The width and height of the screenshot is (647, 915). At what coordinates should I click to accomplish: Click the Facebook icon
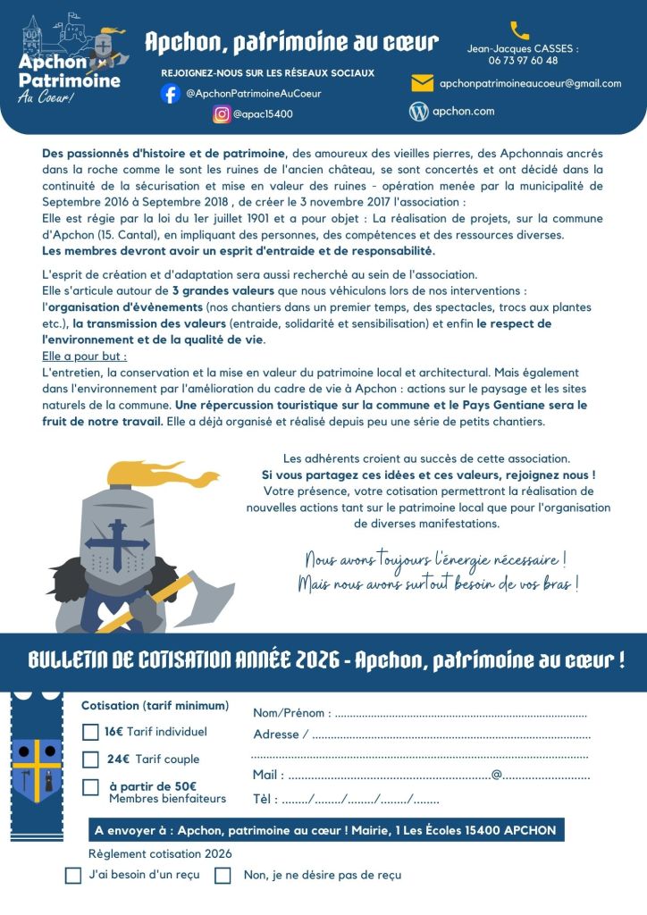click(171, 93)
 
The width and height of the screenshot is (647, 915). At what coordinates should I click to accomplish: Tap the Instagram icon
click(222, 113)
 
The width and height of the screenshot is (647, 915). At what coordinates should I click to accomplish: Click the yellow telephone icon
click(519, 30)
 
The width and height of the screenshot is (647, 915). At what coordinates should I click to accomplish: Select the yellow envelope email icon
click(422, 83)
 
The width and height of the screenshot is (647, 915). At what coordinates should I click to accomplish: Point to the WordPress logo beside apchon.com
click(418, 112)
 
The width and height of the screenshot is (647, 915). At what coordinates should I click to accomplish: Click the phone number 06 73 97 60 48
click(523, 61)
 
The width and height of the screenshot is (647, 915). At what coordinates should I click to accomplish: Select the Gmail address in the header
click(530, 83)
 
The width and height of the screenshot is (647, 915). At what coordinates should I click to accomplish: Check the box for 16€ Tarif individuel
click(90, 732)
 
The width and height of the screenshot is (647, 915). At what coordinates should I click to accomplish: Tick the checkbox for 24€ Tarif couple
click(90, 760)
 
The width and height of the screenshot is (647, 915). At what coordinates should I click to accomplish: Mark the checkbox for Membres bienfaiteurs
click(90, 787)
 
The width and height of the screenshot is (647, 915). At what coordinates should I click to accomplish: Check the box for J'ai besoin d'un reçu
click(73, 876)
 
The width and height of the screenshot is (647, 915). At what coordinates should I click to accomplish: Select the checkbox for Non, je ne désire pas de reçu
click(223, 876)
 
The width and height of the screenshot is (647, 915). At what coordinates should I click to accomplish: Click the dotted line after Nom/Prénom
click(460, 714)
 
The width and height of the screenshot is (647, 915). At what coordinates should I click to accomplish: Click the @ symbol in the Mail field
click(497, 775)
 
